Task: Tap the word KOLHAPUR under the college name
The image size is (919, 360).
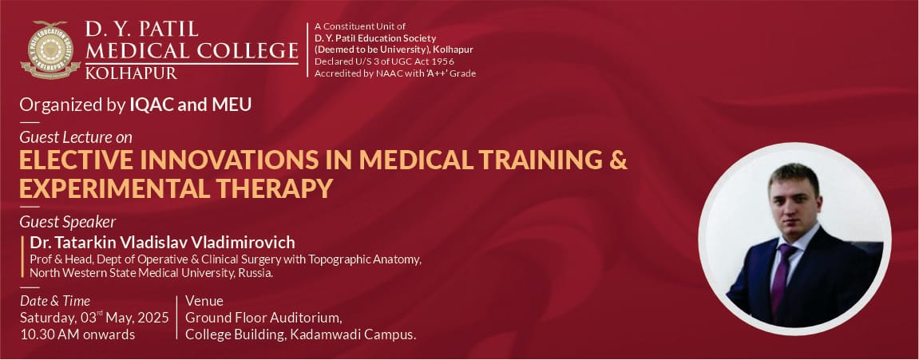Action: pyautogui.click(x=131, y=73)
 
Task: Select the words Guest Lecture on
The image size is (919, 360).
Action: pyautogui.click(x=76, y=137)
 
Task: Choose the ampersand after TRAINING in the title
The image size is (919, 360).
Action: pyautogui.click(x=618, y=160)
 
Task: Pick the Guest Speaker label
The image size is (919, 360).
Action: pyautogui.click(x=67, y=222)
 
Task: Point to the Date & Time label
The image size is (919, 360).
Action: pyautogui.click(x=55, y=302)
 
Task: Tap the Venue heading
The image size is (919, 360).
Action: pyautogui.click(x=204, y=301)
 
